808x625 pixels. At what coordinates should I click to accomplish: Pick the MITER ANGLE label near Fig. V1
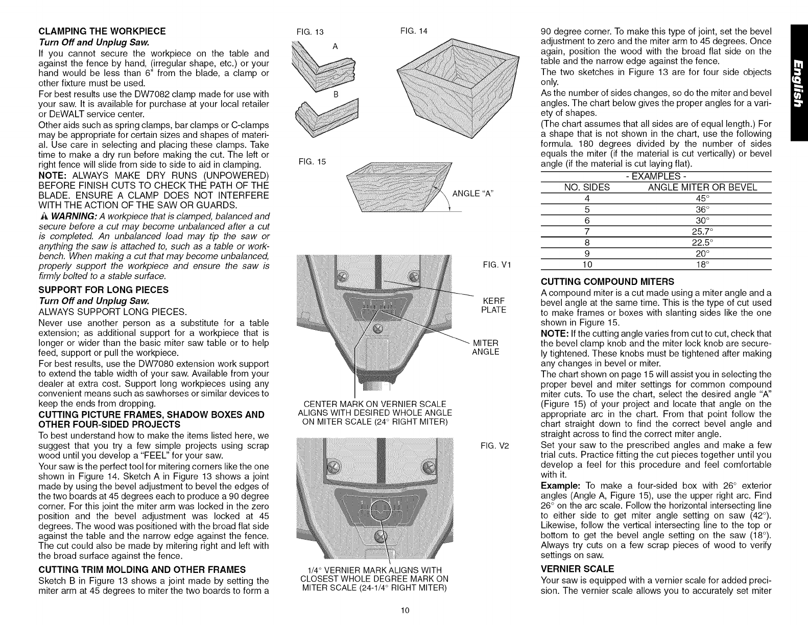click(486, 347)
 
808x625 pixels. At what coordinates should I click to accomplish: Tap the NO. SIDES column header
click(586, 187)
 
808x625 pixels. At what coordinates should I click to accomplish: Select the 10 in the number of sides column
click(586, 265)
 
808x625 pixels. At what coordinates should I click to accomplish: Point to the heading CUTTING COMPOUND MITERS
click(607, 281)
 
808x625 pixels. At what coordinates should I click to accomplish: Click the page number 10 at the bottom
click(405, 611)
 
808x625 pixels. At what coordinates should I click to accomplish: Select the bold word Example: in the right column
click(558, 485)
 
